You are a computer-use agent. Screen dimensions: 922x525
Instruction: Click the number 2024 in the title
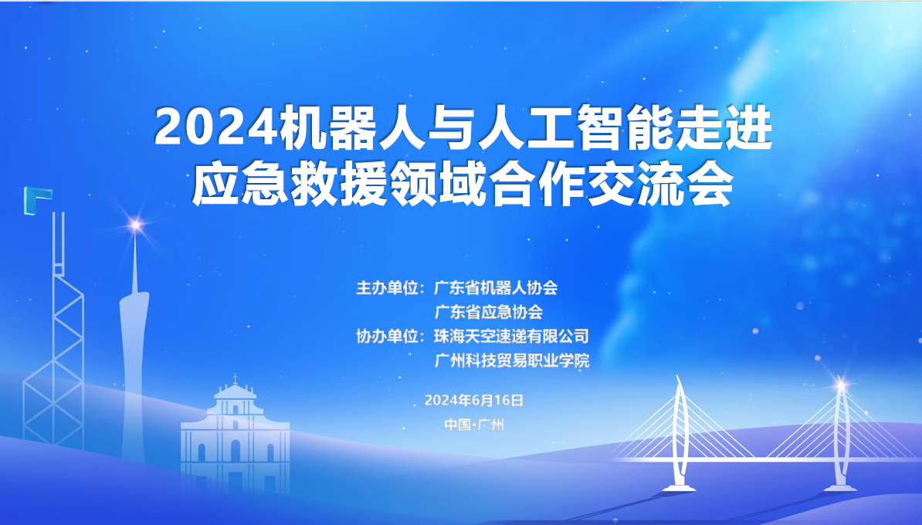[215, 127]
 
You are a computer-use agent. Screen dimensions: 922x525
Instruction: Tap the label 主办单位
[387, 288]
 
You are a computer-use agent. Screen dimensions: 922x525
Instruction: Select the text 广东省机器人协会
[496, 288]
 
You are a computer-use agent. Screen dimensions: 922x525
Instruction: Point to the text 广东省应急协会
[488, 312]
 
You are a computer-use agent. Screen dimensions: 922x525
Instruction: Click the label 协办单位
[387, 337]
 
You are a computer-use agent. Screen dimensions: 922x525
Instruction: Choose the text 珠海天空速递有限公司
[511, 337]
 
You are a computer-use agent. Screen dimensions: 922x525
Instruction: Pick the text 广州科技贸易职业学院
[511, 361]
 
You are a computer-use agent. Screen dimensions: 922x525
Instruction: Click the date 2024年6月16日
[474, 401]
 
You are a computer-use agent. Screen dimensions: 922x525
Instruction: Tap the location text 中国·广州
[474, 425]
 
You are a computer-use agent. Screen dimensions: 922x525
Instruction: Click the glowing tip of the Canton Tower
[136, 225]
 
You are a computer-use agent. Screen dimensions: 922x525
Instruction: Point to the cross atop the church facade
[236, 378]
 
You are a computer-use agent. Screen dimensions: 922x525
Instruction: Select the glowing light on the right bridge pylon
[841, 386]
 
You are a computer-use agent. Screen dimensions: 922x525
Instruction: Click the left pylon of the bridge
[680, 433]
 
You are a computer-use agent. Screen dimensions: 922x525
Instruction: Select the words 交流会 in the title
[661, 186]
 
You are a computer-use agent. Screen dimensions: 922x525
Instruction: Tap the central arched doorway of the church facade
[236, 451]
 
